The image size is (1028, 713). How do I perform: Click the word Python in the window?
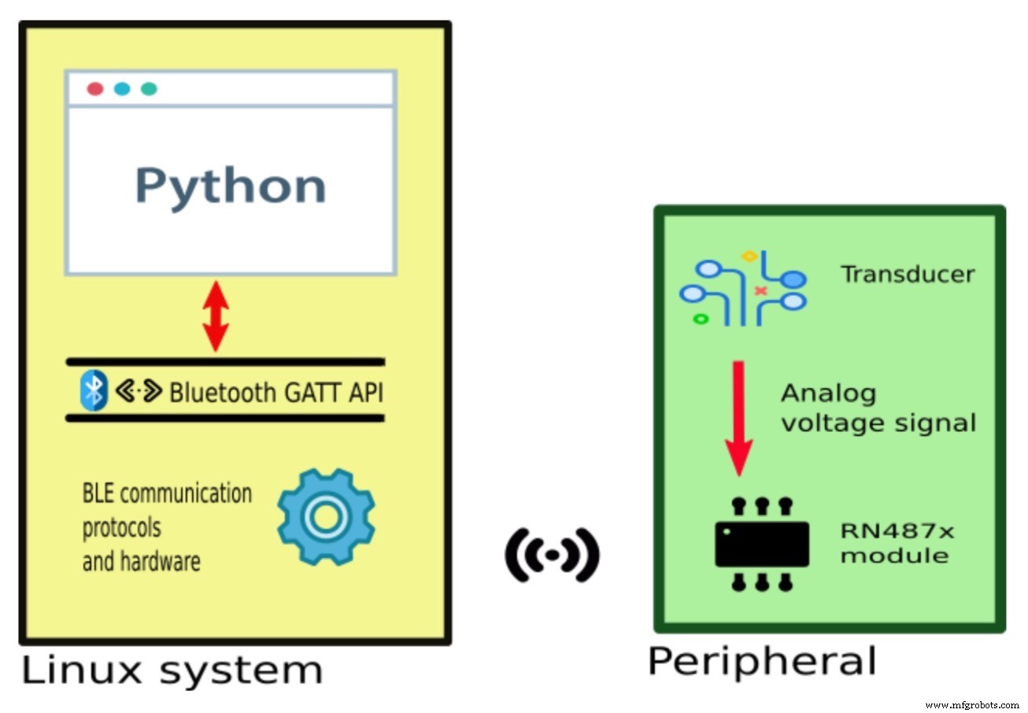tap(230, 186)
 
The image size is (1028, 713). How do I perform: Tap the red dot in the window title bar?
tap(95, 89)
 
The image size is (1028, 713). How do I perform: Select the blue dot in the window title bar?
tap(122, 89)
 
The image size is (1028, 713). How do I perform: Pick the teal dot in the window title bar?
tap(149, 89)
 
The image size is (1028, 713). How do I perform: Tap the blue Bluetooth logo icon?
tap(94, 391)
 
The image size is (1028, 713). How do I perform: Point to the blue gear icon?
tap(325, 516)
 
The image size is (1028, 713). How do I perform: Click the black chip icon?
tap(761, 544)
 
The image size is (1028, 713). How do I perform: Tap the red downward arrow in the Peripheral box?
tap(738, 418)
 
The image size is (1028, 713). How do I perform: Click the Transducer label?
tap(908, 275)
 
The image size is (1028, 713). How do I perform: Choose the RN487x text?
tap(897, 531)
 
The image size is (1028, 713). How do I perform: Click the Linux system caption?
tap(172, 671)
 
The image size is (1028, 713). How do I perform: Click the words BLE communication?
tap(167, 494)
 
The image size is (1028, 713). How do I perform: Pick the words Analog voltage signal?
tap(878, 408)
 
